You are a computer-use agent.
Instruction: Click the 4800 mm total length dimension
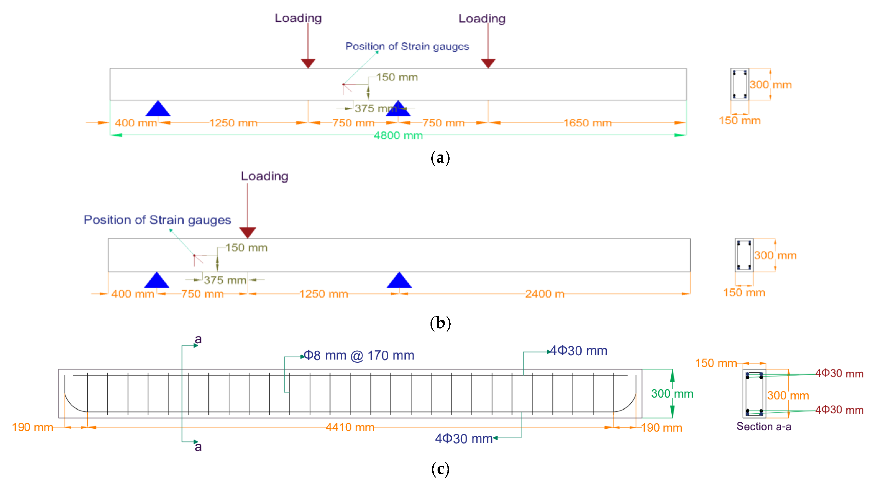pos(398,135)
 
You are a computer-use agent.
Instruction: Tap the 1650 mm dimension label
pos(587,123)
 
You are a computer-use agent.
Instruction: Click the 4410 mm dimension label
pos(350,427)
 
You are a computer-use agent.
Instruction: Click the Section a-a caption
pos(764,427)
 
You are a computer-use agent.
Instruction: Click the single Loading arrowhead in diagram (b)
pos(248,232)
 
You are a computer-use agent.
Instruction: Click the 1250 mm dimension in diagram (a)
pos(233,123)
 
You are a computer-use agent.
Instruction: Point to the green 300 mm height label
pos(672,394)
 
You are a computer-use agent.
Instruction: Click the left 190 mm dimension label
pos(32,427)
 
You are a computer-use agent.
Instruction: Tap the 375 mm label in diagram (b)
pos(225,280)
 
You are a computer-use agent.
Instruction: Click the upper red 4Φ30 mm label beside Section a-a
pos(839,374)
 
